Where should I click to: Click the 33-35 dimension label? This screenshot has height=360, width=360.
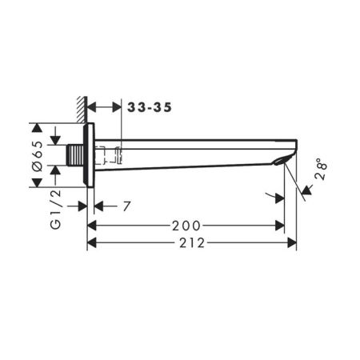150,106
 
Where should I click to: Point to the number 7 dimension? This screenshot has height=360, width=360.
126,206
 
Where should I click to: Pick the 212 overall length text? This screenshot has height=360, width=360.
192,243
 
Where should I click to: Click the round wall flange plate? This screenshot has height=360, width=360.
90,155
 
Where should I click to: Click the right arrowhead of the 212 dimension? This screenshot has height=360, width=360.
292,243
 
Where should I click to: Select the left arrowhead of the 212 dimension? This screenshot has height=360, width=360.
91,243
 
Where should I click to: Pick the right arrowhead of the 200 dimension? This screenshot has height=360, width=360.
280,226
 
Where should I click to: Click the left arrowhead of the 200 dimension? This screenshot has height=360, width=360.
91,226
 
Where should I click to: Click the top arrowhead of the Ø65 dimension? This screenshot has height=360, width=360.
37,127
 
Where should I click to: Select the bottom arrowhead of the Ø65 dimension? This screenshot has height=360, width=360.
37,183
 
